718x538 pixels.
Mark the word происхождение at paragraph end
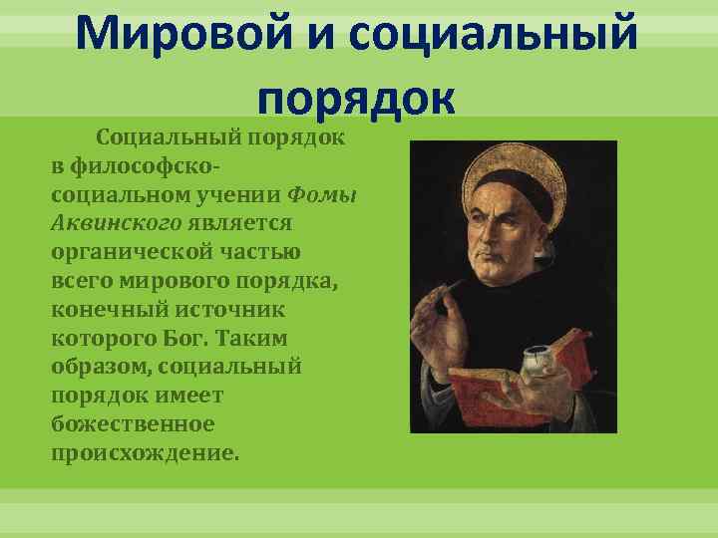coord(146,453)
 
